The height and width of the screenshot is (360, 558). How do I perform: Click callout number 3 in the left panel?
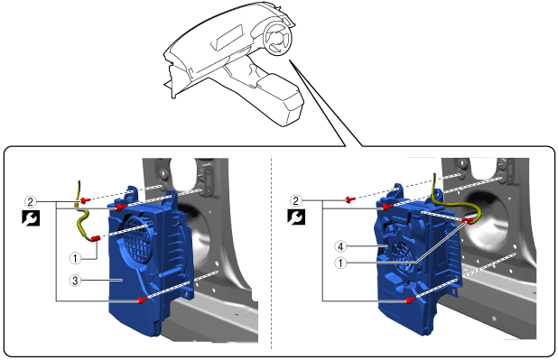(x=75, y=281)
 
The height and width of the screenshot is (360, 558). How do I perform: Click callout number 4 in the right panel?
(x=340, y=246)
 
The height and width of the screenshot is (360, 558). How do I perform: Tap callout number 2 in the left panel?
(x=31, y=202)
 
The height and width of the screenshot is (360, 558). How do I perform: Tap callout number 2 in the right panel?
(x=295, y=201)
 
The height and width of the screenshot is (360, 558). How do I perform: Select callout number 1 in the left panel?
(x=75, y=258)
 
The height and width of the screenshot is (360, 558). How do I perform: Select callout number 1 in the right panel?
(x=340, y=263)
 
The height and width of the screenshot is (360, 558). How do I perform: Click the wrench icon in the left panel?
(x=31, y=217)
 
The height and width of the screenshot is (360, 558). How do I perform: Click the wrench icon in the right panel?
(x=296, y=217)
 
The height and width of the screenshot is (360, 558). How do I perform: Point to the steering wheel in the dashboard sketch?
(x=278, y=37)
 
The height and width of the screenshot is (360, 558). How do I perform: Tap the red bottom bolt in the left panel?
(x=141, y=301)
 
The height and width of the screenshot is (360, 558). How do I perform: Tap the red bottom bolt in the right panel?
(x=409, y=300)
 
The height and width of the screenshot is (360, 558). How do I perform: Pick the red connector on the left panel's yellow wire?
(x=95, y=239)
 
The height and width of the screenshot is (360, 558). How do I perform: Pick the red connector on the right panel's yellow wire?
(x=468, y=221)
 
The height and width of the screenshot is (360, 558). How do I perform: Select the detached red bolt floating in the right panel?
(x=349, y=199)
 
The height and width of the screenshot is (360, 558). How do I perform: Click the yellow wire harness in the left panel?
(x=82, y=217)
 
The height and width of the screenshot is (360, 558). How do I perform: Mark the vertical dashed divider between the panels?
(x=272, y=252)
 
